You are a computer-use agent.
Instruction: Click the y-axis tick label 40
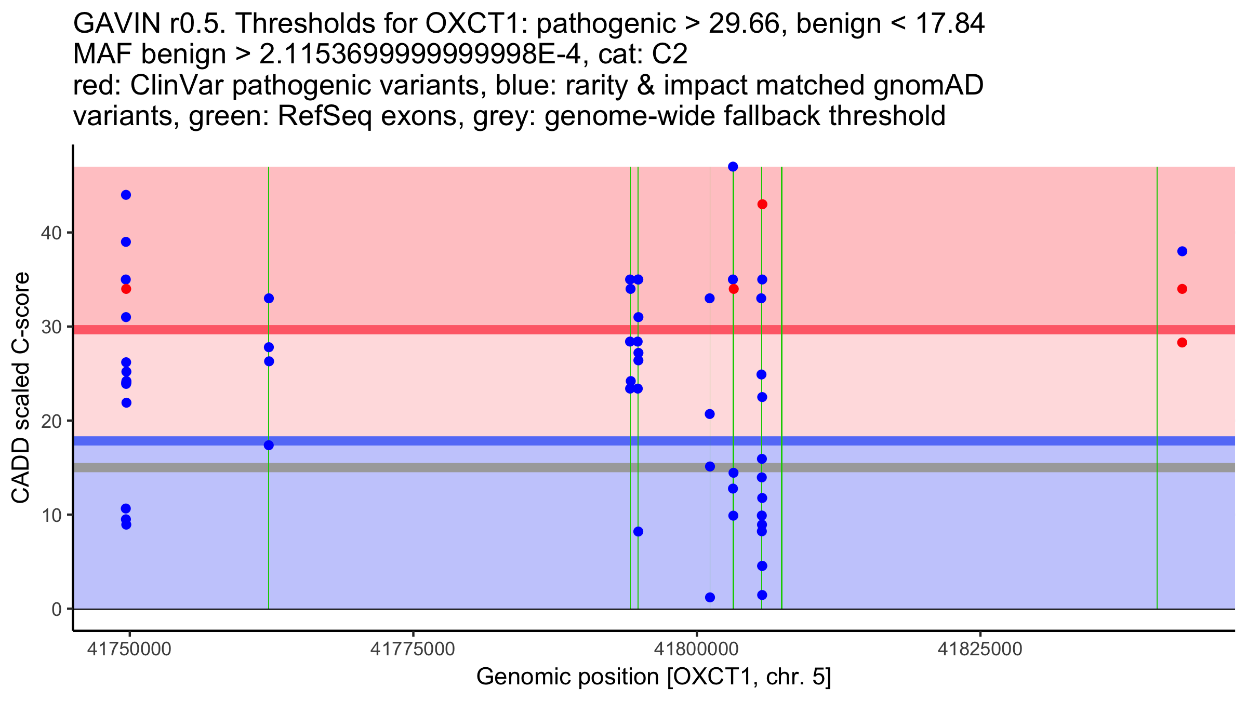tap(51, 233)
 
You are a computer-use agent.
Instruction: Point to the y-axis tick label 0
tap(57, 609)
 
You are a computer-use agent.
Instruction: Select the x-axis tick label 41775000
tap(413, 649)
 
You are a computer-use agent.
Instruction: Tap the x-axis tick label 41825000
tap(980, 649)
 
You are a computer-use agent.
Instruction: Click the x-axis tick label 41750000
tap(129, 649)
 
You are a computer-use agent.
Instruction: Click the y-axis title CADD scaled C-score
tap(21, 388)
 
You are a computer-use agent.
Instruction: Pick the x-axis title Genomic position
tap(654, 677)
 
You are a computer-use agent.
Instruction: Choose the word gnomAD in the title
tap(928, 85)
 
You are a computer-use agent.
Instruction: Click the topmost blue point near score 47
tap(733, 167)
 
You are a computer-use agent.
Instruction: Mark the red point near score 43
tap(762, 205)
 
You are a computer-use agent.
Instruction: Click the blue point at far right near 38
tap(1183, 251)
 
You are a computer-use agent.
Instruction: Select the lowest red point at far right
tap(1183, 343)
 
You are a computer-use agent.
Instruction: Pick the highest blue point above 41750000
tap(126, 195)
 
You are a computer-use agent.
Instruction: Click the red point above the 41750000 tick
tap(126, 289)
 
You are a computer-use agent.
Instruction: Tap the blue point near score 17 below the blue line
tap(269, 446)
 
